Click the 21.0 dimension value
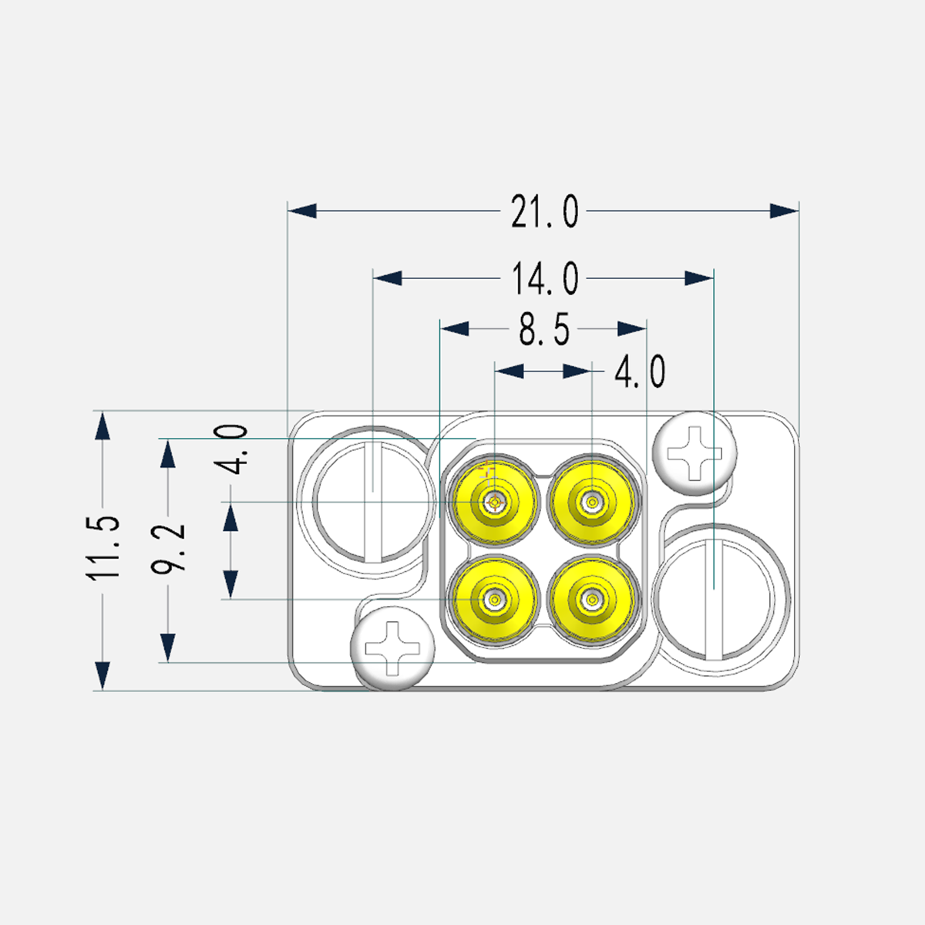tap(544, 211)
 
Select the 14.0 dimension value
tap(545, 278)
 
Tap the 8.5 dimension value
tap(544, 329)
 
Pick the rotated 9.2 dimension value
tap(168, 549)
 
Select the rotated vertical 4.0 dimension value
tap(231, 449)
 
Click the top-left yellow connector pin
tap(494, 502)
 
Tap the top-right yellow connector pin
tap(592, 502)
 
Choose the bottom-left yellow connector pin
tap(494, 600)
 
